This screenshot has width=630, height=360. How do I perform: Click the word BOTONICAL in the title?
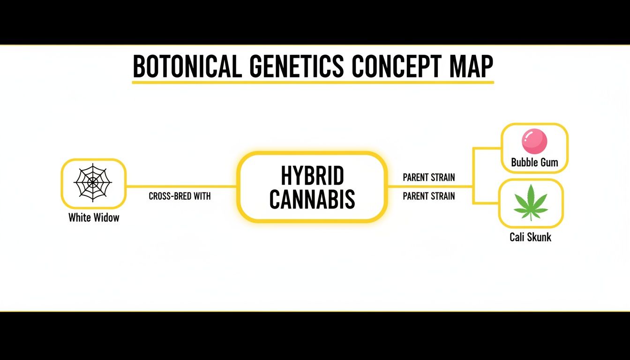[187, 67]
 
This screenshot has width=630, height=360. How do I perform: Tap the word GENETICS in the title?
[297, 67]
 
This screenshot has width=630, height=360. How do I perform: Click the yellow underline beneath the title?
[313, 82]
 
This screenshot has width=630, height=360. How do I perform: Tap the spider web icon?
[93, 183]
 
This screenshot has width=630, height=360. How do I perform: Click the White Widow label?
[94, 217]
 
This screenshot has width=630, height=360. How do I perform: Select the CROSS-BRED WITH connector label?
[180, 196]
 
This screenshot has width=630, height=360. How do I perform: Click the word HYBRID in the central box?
[312, 176]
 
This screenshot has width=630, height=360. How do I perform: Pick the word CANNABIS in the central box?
[312, 199]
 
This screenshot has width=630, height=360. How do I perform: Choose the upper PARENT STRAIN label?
[428, 178]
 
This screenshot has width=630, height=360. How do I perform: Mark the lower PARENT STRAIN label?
[428, 196]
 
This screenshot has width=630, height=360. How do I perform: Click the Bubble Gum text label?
[534, 163]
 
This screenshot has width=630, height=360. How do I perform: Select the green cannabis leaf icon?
[531, 202]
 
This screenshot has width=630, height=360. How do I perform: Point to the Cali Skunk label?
[530, 237]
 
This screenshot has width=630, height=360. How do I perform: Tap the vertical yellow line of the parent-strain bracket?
[473, 176]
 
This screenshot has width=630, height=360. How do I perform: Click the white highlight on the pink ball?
[528, 136]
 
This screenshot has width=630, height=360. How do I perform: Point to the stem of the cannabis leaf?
[531, 217]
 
